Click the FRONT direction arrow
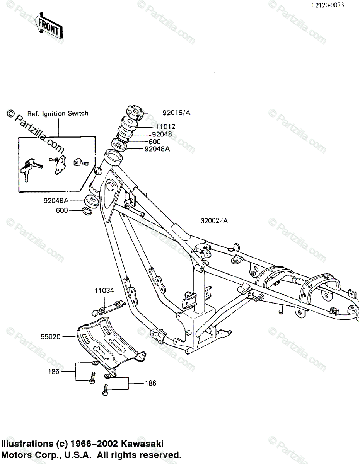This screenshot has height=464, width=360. pos(48,26)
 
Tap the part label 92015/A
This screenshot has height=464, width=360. pos(176,113)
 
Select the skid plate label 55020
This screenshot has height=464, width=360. pos(51,337)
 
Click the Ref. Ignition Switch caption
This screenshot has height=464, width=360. pos(58,113)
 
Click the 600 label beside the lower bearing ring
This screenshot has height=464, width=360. pos(62,210)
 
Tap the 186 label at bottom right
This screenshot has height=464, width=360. pos(151,383)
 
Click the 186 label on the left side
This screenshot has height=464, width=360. pos(54,372)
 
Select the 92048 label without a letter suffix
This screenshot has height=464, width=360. pos(162,134)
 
